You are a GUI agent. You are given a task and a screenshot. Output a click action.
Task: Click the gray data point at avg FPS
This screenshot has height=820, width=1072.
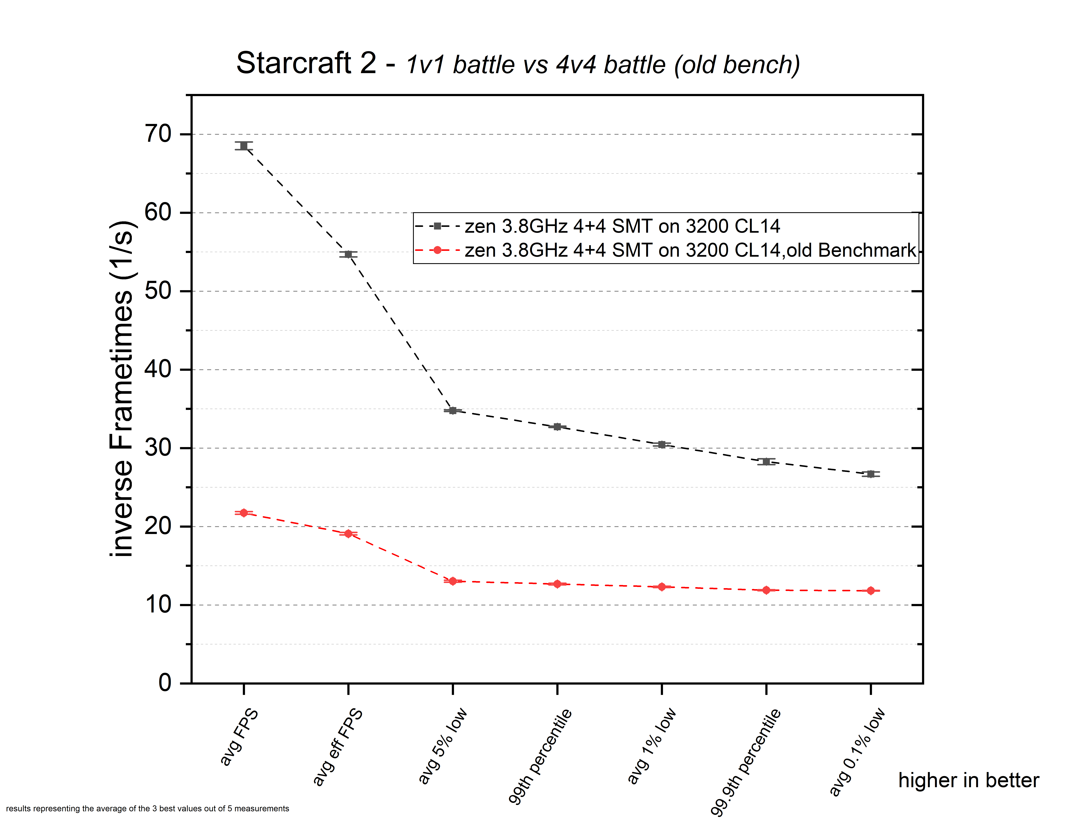(244, 146)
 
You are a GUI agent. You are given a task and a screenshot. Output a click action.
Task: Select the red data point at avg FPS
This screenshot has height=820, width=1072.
(244, 513)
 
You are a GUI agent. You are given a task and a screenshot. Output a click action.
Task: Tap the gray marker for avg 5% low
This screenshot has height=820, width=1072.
(453, 410)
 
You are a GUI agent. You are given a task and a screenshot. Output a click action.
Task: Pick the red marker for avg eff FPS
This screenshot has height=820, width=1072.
(348, 534)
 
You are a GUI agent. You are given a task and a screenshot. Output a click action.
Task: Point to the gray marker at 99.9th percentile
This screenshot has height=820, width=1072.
(766, 461)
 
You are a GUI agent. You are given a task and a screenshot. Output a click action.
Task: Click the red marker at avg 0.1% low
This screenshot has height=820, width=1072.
(871, 591)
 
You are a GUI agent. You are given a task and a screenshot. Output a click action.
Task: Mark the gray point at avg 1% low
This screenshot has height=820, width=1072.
(662, 444)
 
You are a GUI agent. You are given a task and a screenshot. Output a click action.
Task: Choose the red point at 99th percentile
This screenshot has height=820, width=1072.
(557, 584)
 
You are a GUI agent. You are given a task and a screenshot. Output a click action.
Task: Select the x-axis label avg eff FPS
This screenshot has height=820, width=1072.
(338, 747)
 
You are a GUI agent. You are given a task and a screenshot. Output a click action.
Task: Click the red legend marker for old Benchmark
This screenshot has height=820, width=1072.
(438, 250)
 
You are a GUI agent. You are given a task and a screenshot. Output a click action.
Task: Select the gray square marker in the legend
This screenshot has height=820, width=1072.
(438, 226)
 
